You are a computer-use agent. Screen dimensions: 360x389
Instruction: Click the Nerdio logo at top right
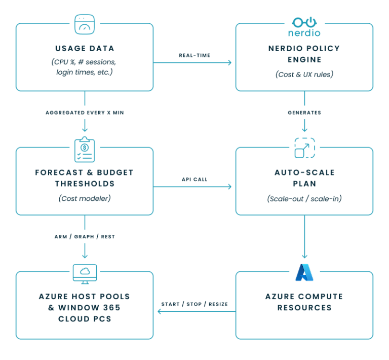click(304, 28)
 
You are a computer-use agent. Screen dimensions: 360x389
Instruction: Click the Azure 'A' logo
click(304, 272)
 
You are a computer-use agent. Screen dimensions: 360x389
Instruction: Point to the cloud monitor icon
click(85, 273)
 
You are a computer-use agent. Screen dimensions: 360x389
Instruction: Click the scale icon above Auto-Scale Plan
click(304, 148)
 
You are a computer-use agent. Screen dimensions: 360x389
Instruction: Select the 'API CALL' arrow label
click(194, 179)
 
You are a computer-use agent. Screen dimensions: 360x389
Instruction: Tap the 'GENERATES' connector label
click(304, 112)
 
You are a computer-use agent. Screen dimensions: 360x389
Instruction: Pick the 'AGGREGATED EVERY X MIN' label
click(85, 112)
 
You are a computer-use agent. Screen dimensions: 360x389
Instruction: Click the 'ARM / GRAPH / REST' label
click(85, 236)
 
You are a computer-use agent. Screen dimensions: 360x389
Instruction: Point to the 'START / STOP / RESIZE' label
click(194, 304)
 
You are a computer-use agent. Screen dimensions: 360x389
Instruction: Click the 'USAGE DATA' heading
click(85, 49)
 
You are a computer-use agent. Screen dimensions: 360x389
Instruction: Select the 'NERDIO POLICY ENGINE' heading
click(304, 54)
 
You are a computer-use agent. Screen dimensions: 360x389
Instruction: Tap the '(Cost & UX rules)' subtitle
click(304, 74)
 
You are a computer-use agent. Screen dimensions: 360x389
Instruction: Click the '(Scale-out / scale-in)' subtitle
click(304, 199)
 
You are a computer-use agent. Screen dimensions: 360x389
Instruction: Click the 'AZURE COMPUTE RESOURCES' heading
click(304, 302)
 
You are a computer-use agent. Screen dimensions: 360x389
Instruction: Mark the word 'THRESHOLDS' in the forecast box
click(85, 184)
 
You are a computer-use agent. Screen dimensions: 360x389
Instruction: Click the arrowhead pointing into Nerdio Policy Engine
click(229, 63)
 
